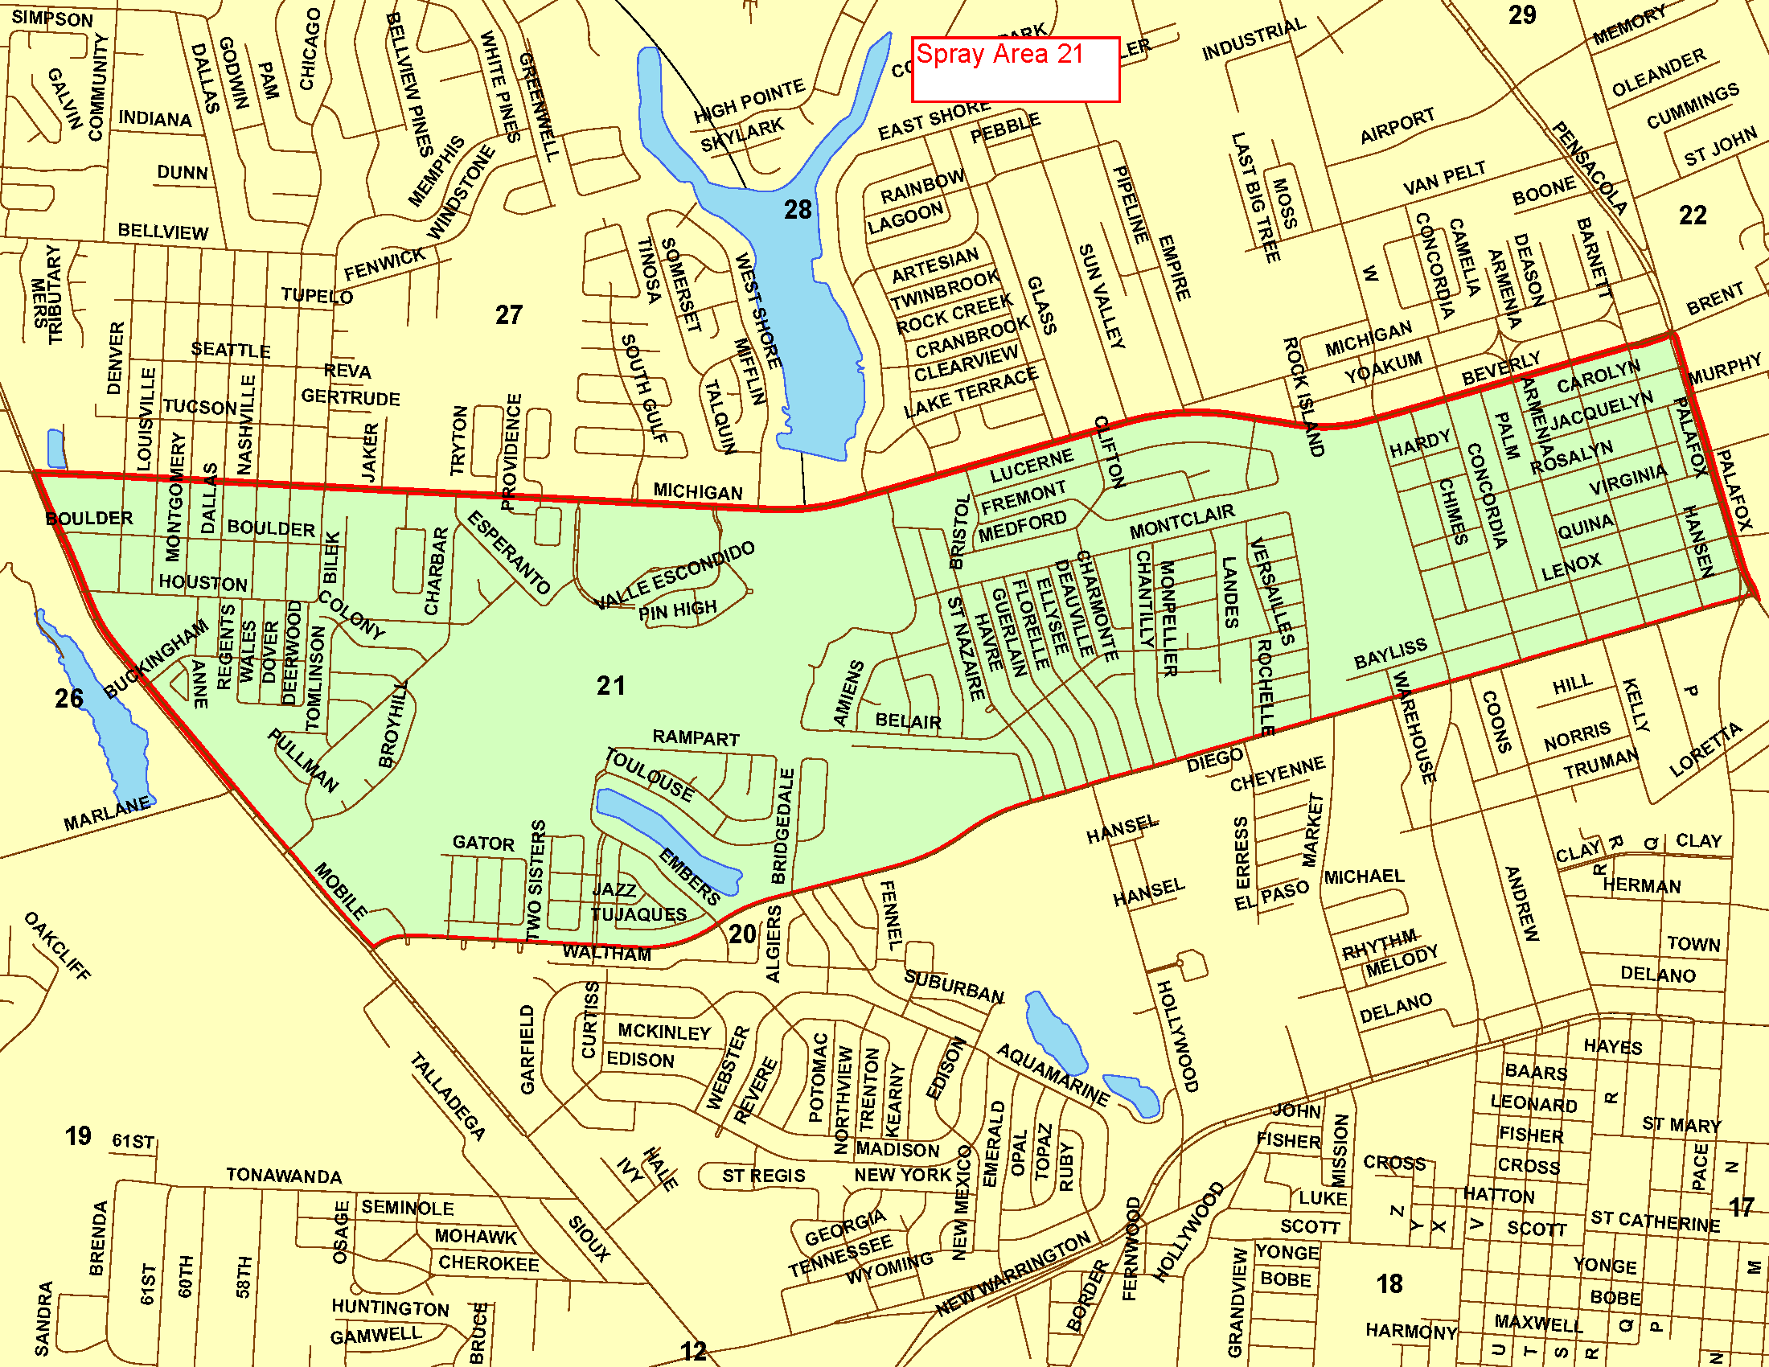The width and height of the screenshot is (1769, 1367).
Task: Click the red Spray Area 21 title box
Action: coord(1015,70)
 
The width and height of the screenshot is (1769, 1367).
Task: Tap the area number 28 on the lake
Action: coord(797,211)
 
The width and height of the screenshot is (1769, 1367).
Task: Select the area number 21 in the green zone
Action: coord(611,686)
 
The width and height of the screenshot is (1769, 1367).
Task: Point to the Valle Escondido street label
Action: coord(675,576)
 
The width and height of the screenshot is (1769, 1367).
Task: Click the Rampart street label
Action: coord(696,737)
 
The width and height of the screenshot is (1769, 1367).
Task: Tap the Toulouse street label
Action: coord(650,775)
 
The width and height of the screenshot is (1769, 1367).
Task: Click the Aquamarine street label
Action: coord(1053,1074)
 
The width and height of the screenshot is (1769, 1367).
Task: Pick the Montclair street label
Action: coord(1182,521)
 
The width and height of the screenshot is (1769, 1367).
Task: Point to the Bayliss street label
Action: coord(1390,653)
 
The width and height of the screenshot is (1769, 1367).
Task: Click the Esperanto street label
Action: coord(509,552)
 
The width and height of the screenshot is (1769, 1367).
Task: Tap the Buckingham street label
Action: coord(156,659)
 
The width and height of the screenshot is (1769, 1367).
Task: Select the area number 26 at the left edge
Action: coord(69,698)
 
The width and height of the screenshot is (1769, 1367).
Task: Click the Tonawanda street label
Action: coord(284,1175)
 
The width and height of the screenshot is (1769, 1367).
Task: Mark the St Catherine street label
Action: coord(1655,1221)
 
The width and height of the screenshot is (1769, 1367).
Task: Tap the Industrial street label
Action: coord(1253,39)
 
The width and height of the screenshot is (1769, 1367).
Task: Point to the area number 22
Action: coord(1692,216)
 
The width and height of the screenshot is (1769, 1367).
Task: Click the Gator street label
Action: coord(482,843)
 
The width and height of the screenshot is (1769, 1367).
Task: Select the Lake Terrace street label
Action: coord(971,392)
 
